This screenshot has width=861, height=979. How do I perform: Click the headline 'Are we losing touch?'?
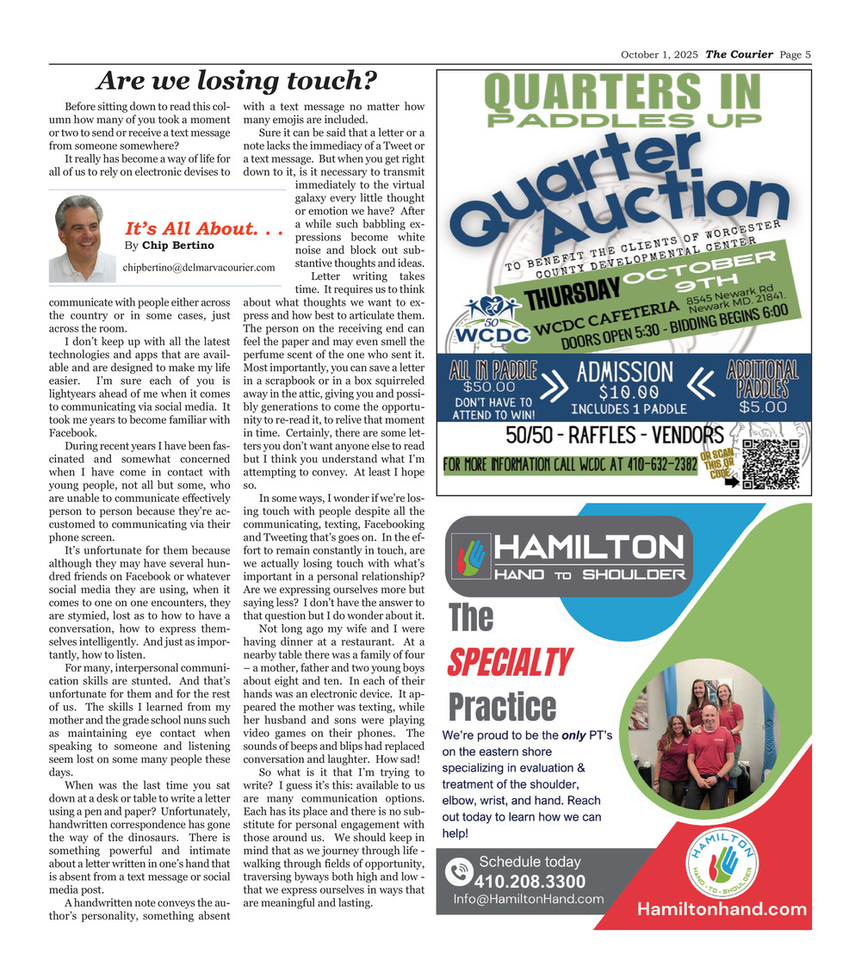click(x=237, y=81)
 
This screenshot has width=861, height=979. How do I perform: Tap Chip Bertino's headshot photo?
click(x=81, y=238)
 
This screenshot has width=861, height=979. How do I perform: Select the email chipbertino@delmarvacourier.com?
click(x=199, y=268)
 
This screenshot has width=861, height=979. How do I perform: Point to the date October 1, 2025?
click(x=660, y=55)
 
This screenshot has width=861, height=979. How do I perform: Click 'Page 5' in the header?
click(x=796, y=55)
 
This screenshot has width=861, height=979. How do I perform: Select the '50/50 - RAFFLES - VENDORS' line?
click(x=614, y=435)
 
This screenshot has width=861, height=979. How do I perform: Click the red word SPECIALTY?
click(x=510, y=662)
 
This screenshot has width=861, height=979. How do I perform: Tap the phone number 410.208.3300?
click(x=530, y=882)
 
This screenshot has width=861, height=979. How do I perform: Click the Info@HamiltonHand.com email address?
click(x=529, y=900)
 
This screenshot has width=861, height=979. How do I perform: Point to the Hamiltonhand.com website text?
click(x=722, y=909)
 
